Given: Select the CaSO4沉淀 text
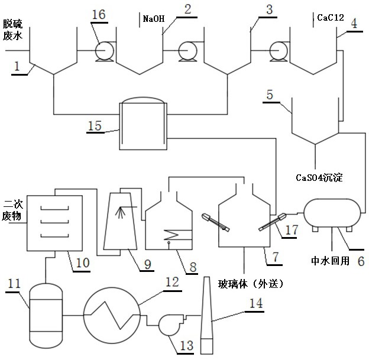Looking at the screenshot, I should pos(320,176).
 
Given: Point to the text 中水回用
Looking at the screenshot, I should pos(329,260).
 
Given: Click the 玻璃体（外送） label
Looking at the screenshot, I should pos(255,284).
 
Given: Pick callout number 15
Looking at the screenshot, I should pos(95,124).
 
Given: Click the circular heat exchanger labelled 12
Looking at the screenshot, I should pos(111,312).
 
